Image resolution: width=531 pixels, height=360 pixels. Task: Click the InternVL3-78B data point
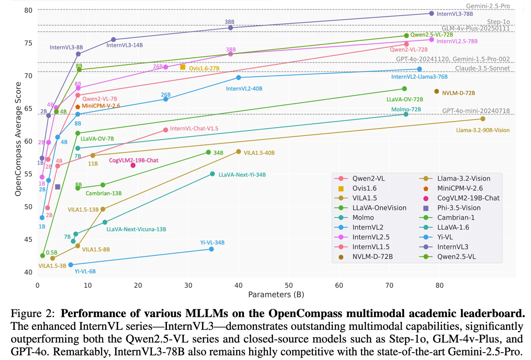coord(431,14)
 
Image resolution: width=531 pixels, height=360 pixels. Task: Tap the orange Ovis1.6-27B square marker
coord(183,67)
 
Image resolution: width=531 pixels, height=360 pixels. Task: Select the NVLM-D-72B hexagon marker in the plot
coord(437,91)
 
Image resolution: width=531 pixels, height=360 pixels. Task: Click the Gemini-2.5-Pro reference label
coord(488,6)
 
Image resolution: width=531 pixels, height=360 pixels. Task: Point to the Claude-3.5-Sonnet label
coord(482,68)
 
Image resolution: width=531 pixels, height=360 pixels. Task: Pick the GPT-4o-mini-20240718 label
coord(476,111)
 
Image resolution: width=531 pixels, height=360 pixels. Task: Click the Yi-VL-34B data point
coord(211,249)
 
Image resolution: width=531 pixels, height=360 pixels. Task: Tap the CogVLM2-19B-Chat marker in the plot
coord(133,165)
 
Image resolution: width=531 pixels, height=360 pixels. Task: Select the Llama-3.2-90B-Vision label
coord(483,130)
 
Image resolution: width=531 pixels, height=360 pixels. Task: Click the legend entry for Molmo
coord(363,218)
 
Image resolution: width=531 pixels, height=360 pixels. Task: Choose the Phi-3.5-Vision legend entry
coord(459,208)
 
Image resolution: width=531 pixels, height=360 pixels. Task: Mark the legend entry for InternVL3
coord(453,247)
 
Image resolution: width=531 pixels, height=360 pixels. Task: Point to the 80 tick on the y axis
coord(28,10)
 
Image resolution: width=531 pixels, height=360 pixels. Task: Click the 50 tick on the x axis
coord(289,285)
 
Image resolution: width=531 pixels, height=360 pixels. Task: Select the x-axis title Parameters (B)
coord(276,295)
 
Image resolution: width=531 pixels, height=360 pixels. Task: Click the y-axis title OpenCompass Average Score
coord(18,139)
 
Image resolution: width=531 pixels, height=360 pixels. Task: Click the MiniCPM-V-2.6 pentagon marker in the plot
coord(78,107)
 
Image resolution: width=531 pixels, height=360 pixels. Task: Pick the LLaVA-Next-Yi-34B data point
coord(212,174)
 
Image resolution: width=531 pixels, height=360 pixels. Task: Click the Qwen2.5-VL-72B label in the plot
coord(431,35)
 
